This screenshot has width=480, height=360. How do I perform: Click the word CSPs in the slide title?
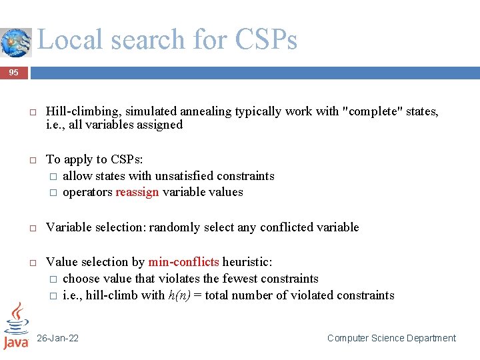pyautogui.click(x=266, y=40)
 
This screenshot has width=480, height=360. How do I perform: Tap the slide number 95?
pyautogui.click(x=14, y=73)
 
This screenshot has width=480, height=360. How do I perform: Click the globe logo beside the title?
pyautogui.click(x=15, y=43)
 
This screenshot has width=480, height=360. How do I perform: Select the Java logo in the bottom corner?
pyautogui.click(x=15, y=326)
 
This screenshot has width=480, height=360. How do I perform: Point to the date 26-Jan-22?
pyautogui.click(x=57, y=338)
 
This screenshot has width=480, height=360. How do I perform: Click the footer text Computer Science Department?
pyautogui.click(x=391, y=338)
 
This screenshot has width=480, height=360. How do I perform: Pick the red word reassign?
pyautogui.click(x=137, y=192)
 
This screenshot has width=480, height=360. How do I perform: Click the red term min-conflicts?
pyautogui.click(x=183, y=262)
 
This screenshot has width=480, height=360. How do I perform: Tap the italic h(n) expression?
pyautogui.click(x=179, y=295)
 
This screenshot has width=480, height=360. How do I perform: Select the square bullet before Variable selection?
pyautogui.click(x=31, y=228)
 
